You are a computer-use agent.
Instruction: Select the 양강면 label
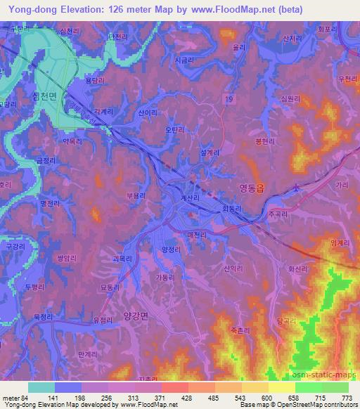[x=133, y=316]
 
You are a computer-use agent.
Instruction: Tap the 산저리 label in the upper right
[x=291, y=38]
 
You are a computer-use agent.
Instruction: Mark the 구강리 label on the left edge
[x=15, y=247]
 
